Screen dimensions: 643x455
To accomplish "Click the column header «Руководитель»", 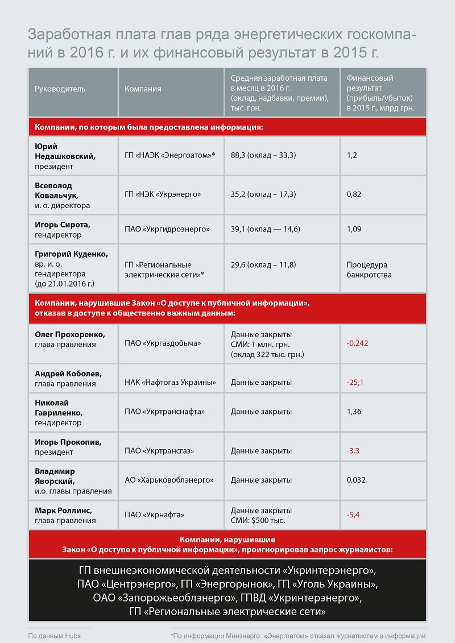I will click(x=60, y=89).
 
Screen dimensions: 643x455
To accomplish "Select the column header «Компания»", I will click(x=143, y=89).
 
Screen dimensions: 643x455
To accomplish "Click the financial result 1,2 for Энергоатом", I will click(x=351, y=155).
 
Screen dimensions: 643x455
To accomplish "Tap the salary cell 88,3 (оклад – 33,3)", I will click(x=263, y=155).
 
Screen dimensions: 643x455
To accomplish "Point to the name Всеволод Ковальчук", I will click(x=54, y=190).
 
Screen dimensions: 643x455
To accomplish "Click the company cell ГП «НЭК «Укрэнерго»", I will click(x=163, y=195).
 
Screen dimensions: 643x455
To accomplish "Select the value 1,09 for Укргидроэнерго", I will click(x=354, y=229).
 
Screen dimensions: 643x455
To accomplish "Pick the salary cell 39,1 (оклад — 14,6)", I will click(x=265, y=229).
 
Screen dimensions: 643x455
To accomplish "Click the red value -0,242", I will click(x=357, y=343).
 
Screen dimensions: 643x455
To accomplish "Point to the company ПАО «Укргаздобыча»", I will click(x=163, y=343).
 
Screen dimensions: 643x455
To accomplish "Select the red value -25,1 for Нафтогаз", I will click(x=355, y=383).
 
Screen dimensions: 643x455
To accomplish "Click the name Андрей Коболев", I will click(x=68, y=374).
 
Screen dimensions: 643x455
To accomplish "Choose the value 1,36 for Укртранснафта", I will click(x=354, y=411).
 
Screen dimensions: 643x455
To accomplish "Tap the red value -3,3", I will click(x=353, y=451).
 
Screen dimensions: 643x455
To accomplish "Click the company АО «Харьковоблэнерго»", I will click(x=169, y=480).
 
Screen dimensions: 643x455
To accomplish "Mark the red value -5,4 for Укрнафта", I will click(x=353, y=515).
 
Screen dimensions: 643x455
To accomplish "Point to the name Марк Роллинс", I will click(x=63, y=510).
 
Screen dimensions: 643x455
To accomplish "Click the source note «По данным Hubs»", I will click(x=55, y=636).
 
